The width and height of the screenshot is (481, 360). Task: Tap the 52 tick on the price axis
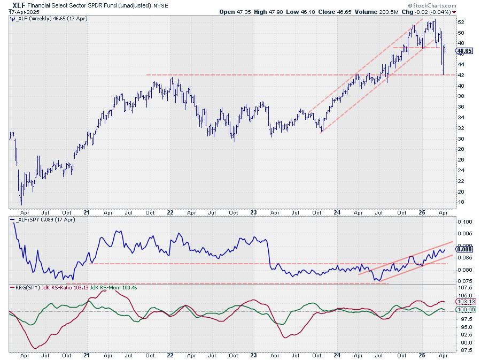pos(461,22)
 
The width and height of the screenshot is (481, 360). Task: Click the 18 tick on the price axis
pos(461,202)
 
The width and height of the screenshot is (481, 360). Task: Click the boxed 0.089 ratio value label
pos(464,249)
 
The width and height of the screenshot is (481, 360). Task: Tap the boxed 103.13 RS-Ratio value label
pos(465,302)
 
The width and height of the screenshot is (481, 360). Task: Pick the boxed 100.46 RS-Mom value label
pos(465,310)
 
